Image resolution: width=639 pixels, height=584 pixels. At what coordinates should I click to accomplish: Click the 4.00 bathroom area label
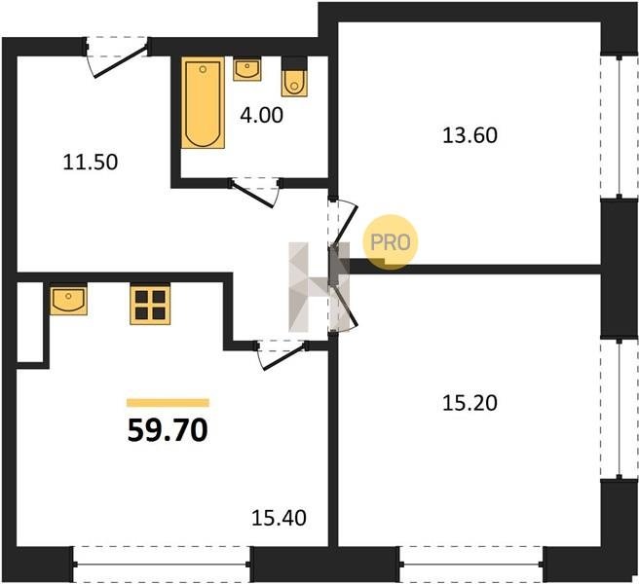[x=261, y=115]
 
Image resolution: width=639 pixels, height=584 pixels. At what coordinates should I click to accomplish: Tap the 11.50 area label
[x=91, y=163]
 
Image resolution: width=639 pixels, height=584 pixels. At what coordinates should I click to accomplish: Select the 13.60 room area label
[x=470, y=135]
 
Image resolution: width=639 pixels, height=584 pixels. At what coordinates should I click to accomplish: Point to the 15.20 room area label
[x=470, y=403]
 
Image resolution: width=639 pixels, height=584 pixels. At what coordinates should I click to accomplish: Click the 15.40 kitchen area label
[x=280, y=519]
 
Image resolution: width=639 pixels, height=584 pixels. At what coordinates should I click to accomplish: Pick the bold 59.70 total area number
[x=168, y=430]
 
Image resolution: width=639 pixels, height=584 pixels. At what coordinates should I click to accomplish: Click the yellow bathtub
[x=203, y=102]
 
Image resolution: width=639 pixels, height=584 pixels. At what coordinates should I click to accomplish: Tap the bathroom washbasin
[x=247, y=69]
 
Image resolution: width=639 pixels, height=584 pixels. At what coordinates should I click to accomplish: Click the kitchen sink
[x=68, y=300]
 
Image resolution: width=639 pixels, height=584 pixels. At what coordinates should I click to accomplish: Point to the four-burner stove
[x=150, y=305]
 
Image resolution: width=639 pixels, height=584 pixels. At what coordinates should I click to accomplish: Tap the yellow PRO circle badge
[x=391, y=242]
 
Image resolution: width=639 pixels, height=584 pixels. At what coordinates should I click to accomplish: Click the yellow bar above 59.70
[x=168, y=403]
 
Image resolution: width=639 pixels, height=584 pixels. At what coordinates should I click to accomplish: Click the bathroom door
[x=255, y=193]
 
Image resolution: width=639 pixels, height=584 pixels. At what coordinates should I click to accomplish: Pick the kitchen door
[x=282, y=354]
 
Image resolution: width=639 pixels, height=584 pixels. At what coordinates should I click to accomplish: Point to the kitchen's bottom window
[x=162, y=565]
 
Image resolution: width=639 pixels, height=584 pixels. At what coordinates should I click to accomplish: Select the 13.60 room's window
[x=620, y=127]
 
